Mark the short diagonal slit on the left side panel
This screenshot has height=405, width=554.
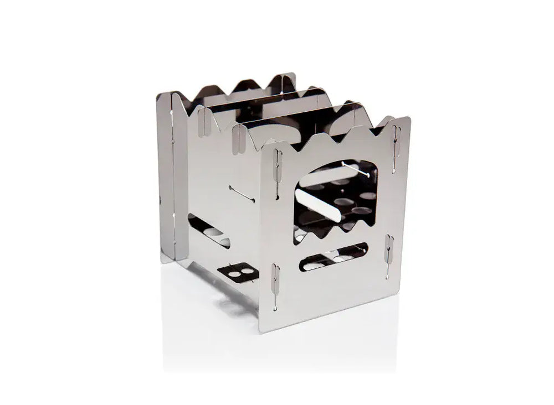tap(242, 194)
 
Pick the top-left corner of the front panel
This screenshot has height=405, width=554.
tap(261, 145)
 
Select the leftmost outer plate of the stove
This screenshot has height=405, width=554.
tap(166, 177)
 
